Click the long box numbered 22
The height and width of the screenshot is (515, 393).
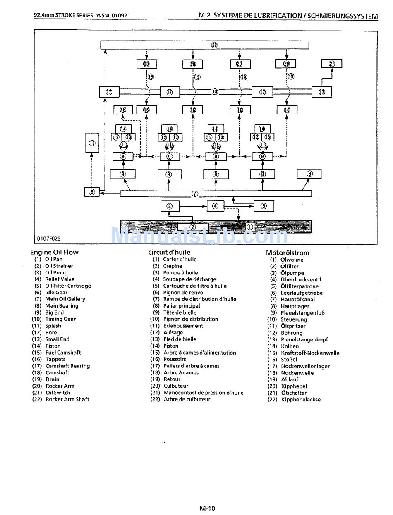click(205, 45)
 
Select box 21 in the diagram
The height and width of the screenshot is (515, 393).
click(332, 64)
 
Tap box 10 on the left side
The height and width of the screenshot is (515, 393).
click(92, 143)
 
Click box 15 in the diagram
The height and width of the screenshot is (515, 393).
click(123, 110)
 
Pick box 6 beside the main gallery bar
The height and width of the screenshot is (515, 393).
click(92, 192)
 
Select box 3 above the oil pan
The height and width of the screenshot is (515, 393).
click(170, 206)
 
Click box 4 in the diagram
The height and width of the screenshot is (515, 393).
click(215, 206)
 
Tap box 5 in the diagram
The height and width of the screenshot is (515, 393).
click(264, 206)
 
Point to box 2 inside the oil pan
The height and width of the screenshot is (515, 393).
click(192, 227)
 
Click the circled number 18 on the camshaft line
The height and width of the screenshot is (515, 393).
click(215, 92)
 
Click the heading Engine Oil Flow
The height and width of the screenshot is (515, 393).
click(54, 252)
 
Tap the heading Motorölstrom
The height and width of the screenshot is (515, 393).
click(288, 253)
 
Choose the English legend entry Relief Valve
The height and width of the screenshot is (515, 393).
click(60, 279)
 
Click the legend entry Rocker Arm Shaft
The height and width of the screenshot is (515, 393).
click(67, 399)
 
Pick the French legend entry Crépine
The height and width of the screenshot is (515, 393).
click(173, 266)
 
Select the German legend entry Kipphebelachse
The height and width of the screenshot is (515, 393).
click(301, 400)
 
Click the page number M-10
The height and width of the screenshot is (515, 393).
click(207, 508)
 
